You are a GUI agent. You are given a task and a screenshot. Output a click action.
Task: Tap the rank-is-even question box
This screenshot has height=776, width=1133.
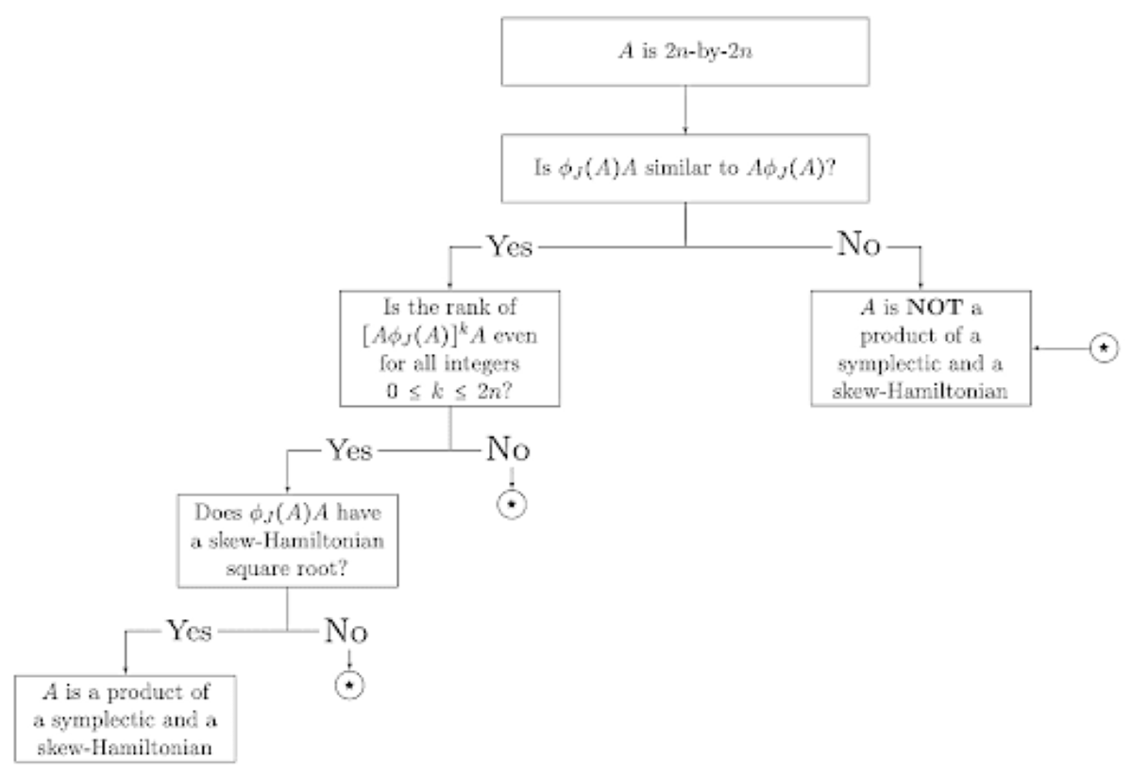point(451,350)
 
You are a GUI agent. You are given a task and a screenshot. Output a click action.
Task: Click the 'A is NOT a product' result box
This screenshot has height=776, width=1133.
point(922,348)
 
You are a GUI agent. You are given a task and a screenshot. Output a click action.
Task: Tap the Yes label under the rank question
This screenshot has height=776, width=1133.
point(349,449)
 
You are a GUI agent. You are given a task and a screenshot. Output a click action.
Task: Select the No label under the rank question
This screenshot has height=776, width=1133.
point(509,449)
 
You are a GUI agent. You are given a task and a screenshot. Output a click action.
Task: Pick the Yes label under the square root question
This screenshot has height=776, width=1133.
point(189,630)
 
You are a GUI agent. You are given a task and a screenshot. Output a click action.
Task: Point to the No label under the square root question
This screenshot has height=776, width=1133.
point(348,630)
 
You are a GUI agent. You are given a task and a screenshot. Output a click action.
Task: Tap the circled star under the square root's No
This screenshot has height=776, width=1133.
point(349,684)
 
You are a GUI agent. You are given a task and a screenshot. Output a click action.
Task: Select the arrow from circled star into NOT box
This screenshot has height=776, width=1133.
point(1058,348)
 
